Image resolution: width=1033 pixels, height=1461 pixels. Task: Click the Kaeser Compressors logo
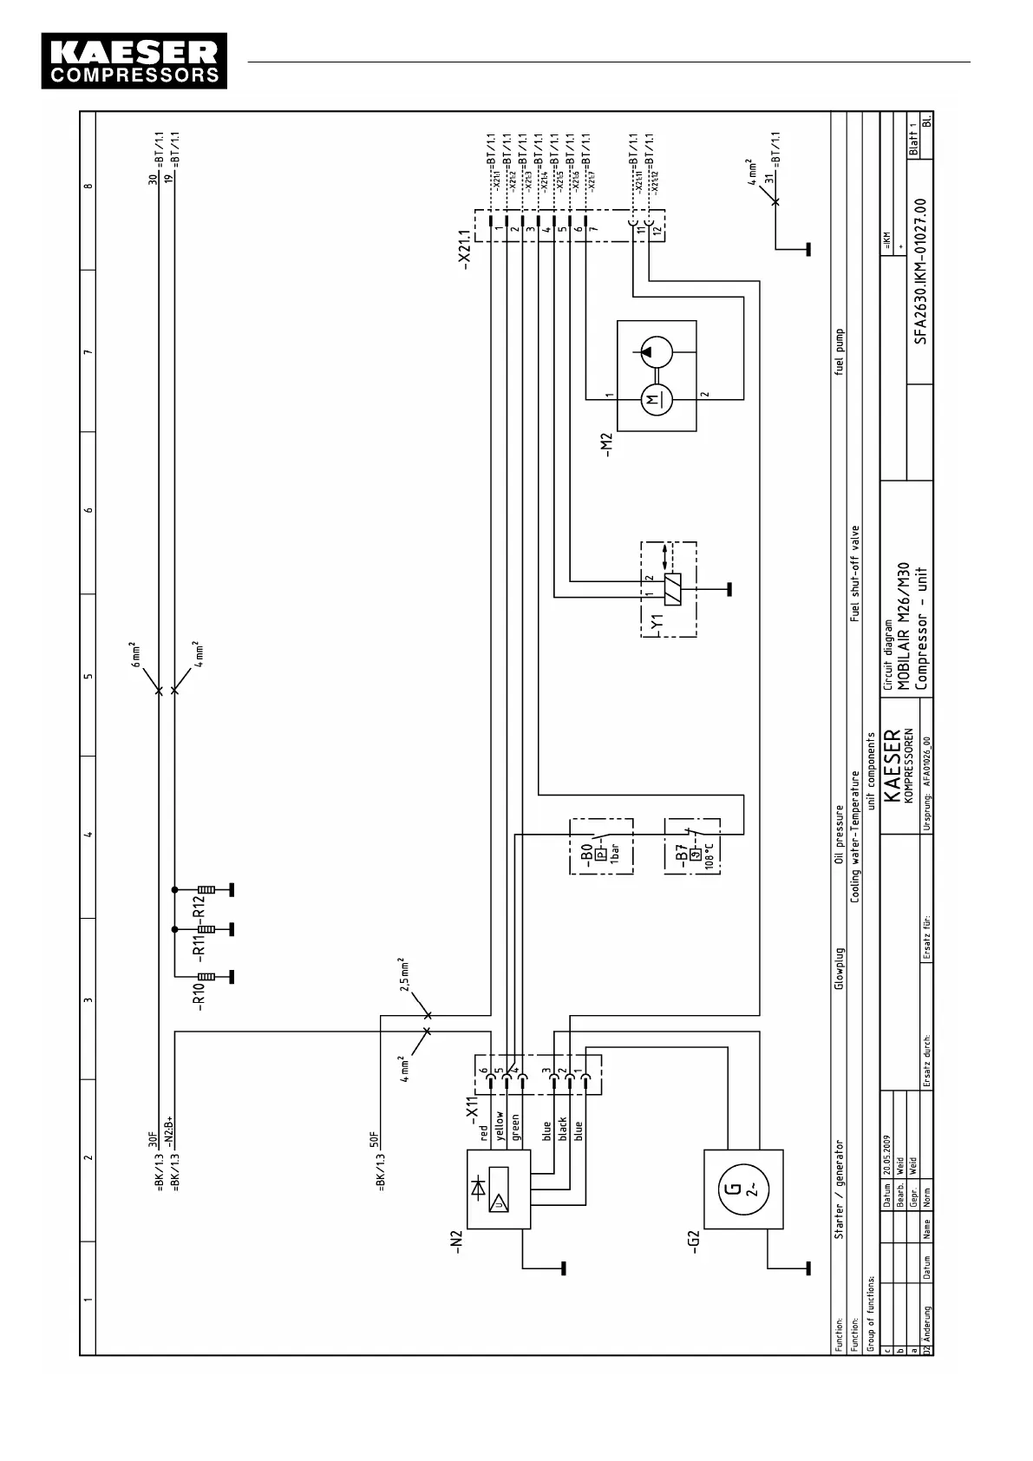click(x=134, y=61)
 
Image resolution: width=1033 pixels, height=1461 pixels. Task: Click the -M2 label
click(x=607, y=445)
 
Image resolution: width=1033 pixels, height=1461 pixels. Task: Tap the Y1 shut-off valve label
click(x=657, y=622)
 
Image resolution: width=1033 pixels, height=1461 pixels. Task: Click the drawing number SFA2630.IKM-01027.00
click(x=920, y=272)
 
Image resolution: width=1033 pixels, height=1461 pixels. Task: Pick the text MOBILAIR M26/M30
click(x=903, y=626)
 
